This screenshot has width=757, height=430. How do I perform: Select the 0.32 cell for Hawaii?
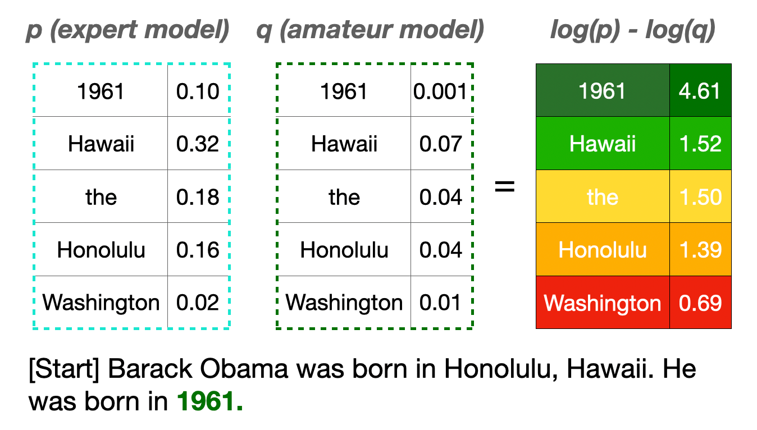(x=198, y=144)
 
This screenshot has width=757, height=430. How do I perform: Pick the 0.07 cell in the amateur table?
(x=440, y=144)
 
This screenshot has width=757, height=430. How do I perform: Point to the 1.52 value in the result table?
(x=700, y=144)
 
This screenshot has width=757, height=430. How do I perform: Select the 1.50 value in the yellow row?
(x=700, y=197)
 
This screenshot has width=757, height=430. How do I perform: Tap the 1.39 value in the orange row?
(x=700, y=250)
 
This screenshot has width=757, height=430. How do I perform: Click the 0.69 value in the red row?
(x=700, y=303)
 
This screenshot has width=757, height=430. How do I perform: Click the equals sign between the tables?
(x=504, y=186)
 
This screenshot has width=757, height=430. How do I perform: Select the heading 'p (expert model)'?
(x=127, y=30)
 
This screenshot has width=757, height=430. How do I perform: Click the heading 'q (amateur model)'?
(x=371, y=30)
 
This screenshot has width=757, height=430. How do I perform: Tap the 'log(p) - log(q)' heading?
(x=633, y=30)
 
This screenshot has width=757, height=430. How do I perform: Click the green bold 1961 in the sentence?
(x=206, y=401)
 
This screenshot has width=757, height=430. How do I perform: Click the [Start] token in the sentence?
(x=64, y=369)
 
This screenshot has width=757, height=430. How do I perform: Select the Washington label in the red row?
(x=602, y=303)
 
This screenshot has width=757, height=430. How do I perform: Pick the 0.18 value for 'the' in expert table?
(x=198, y=197)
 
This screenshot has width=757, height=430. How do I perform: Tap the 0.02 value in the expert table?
(x=198, y=303)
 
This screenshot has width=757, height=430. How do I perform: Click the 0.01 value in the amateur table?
(x=440, y=303)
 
